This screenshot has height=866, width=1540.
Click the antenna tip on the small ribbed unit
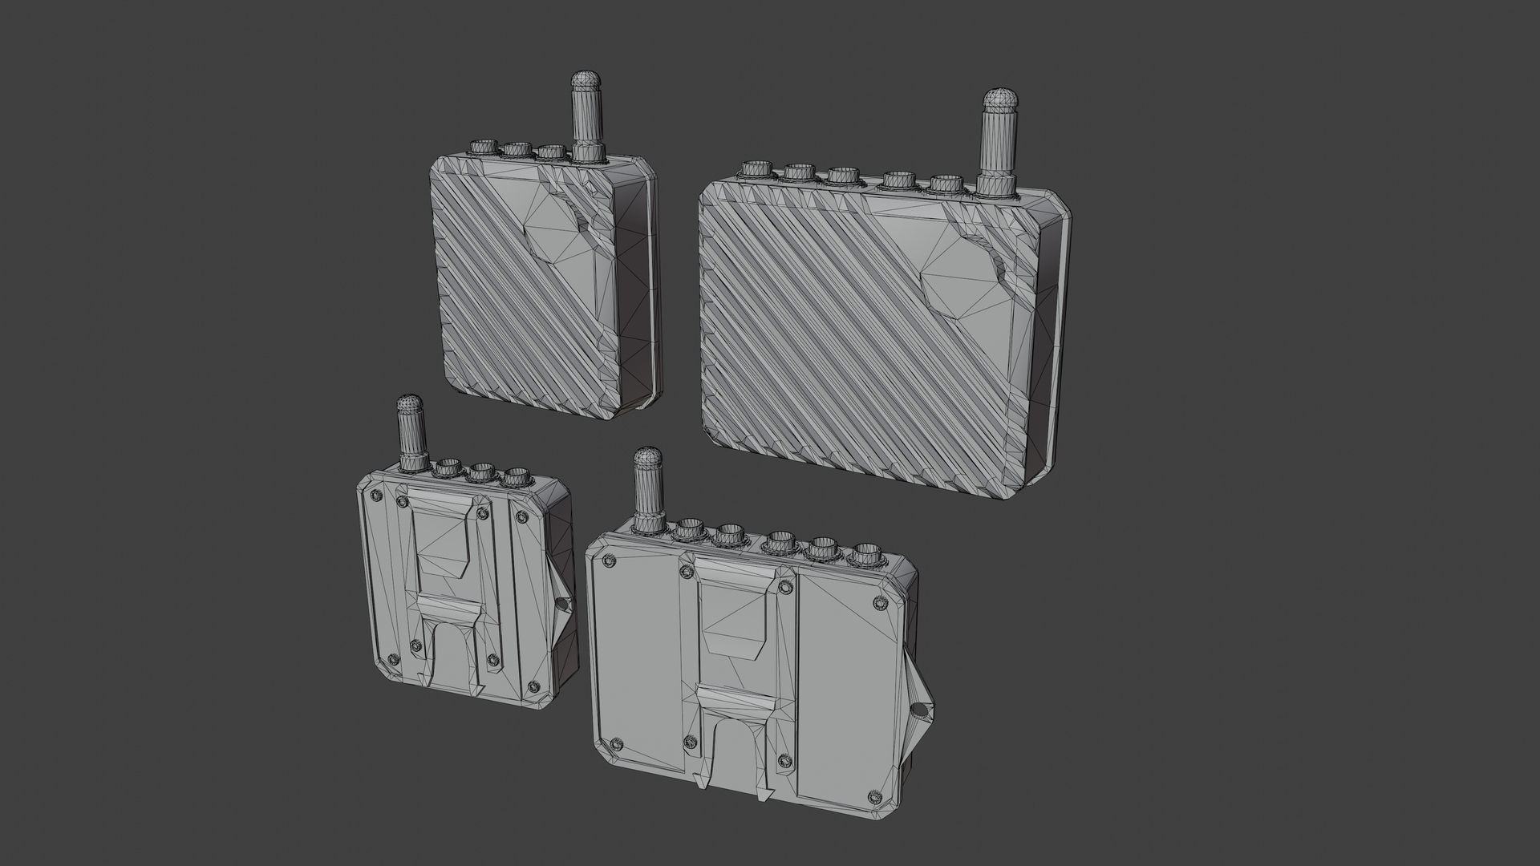coord(586,80)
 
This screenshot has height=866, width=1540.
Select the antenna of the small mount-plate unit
coord(411,433)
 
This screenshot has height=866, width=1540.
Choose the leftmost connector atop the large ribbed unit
coord(756,193)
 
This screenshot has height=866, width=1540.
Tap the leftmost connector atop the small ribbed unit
coord(483,148)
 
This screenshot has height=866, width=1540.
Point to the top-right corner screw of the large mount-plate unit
coord(880,601)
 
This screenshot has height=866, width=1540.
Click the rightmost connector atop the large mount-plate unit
coord(862,554)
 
